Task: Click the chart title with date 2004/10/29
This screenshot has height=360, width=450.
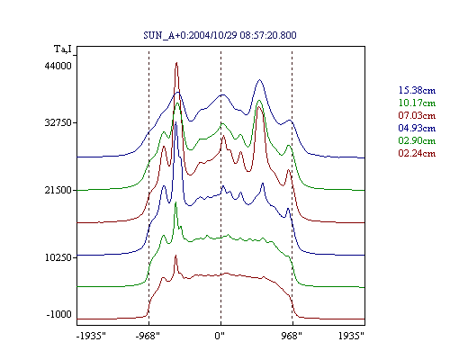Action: pos(220,35)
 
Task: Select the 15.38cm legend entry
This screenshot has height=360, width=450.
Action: pos(417,90)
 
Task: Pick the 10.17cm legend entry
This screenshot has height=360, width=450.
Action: pos(417,103)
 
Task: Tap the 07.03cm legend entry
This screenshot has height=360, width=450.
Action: pos(417,115)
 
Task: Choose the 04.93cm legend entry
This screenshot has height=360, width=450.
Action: pos(417,128)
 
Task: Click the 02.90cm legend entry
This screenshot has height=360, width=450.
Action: pos(417,140)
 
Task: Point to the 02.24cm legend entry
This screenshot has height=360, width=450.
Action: pos(417,153)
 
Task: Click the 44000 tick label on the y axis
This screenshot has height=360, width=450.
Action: pos(58,66)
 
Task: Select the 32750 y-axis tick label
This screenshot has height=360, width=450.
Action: pos(58,123)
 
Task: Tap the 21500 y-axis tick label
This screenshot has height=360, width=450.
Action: pos(58,190)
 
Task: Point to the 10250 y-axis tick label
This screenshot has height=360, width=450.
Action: pos(58,257)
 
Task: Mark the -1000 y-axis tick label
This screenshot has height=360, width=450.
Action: pos(59,314)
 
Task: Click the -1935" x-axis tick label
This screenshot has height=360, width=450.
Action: pos(91,336)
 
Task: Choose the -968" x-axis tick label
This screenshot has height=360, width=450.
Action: pos(148,336)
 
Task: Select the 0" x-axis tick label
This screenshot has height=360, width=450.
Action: pos(220,336)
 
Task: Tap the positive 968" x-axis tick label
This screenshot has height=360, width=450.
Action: pos(292,336)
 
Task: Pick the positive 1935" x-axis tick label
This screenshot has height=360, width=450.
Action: pos(351,336)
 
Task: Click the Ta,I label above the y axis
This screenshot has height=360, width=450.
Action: pos(63,49)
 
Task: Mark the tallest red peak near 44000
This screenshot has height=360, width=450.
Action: pos(176,63)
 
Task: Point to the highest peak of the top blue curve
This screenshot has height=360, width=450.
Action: pos(260,80)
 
